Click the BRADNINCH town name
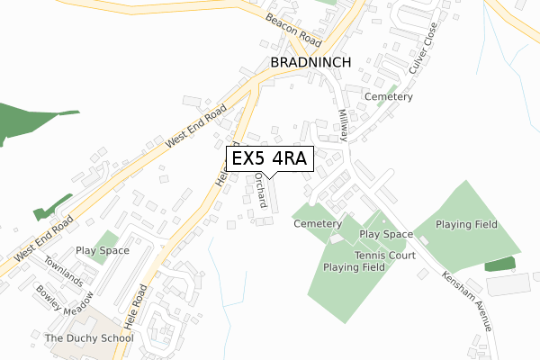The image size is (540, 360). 306,63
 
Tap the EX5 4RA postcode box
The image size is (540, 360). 270,158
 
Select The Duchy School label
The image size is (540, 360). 88,338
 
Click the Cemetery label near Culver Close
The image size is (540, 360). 388,96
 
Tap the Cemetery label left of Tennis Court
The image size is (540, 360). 318,223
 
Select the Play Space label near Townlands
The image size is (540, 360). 102,250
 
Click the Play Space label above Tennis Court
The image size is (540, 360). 386,234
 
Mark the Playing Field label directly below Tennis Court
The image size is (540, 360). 355,267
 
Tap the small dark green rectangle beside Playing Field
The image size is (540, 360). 500,264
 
